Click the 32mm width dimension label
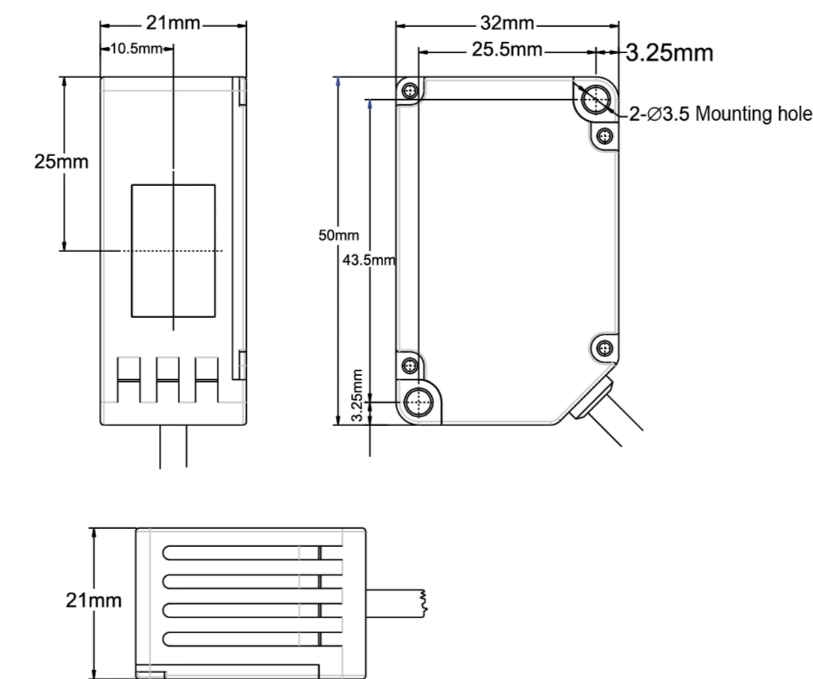pos(506,23)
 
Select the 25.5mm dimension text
pos(506,50)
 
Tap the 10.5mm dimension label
pos(136,49)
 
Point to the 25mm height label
pos(61,162)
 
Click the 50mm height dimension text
pos(338,236)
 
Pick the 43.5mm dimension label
pos(369,260)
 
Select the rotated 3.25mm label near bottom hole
pos(357,395)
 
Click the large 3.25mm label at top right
pos(670,53)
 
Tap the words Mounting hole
pos(753,113)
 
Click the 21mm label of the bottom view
pos(93,600)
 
